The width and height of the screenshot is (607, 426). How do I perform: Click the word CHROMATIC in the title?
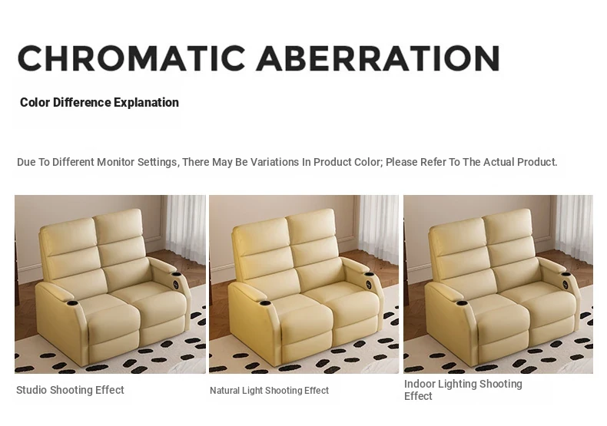131,58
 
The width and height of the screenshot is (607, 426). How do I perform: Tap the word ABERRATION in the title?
378,58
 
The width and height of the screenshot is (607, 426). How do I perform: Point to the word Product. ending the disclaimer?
537,162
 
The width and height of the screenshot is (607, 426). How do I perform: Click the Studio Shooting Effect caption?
70,390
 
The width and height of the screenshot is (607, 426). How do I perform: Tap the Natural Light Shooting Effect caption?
269,391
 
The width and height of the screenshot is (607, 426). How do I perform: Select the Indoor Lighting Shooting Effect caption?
463,390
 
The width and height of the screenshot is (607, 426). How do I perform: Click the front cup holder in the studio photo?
71,302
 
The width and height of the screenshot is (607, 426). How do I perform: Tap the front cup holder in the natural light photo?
266,303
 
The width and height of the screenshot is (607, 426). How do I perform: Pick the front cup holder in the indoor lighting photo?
461,302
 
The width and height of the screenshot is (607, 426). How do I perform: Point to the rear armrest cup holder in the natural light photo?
370,275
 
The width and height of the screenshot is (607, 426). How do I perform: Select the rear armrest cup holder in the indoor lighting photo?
566,274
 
